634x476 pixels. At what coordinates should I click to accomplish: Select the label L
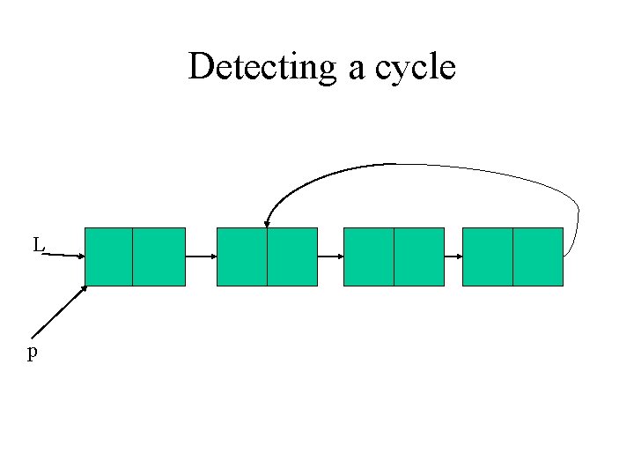coord(38,245)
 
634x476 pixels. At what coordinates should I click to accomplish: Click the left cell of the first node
coord(109,257)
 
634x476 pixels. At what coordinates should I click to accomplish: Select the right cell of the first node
coord(159,257)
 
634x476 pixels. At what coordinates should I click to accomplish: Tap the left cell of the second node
coord(241,257)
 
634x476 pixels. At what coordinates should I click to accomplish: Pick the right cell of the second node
coord(291,257)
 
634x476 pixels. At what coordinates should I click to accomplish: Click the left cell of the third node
coord(368,257)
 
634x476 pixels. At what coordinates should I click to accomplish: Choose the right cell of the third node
coord(418,257)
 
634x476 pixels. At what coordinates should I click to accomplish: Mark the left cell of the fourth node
coord(487,257)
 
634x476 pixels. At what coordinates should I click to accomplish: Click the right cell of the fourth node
coord(537,257)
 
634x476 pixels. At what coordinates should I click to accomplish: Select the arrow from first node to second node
coord(201,257)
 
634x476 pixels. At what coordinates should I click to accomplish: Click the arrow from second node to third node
coord(330,257)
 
